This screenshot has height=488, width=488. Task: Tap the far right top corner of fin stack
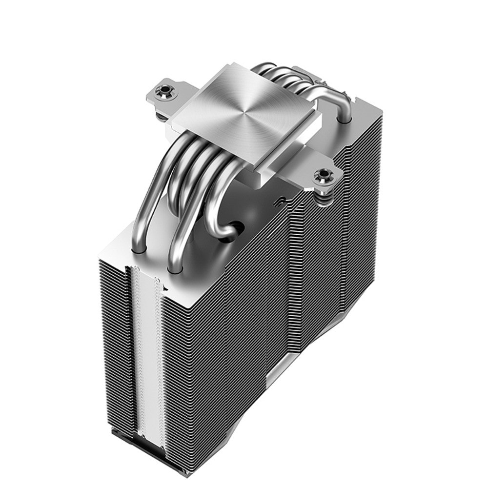[376, 110]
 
